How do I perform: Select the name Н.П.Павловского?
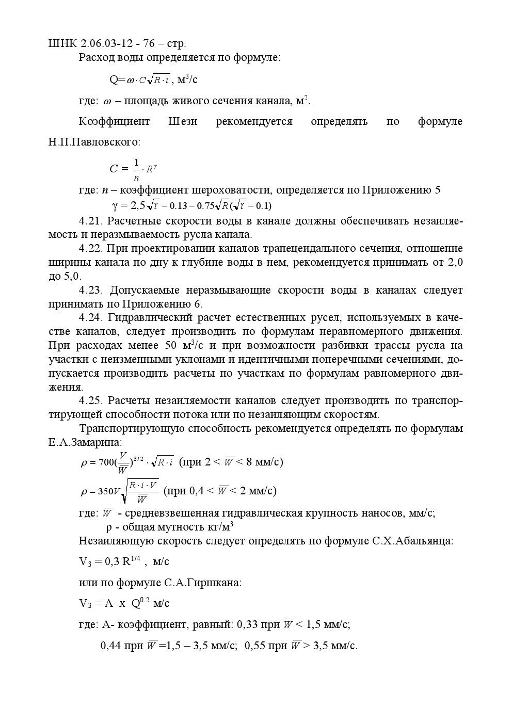point(94,141)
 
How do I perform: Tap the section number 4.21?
point(91,221)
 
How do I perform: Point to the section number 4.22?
point(91,248)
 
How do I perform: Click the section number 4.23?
point(91,290)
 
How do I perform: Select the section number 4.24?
point(91,317)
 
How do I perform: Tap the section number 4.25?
point(91,400)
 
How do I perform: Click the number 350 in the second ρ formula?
point(105,491)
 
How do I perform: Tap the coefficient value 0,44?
point(111,646)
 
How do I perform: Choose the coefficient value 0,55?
point(254,646)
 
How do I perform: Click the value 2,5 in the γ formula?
point(138,205)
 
